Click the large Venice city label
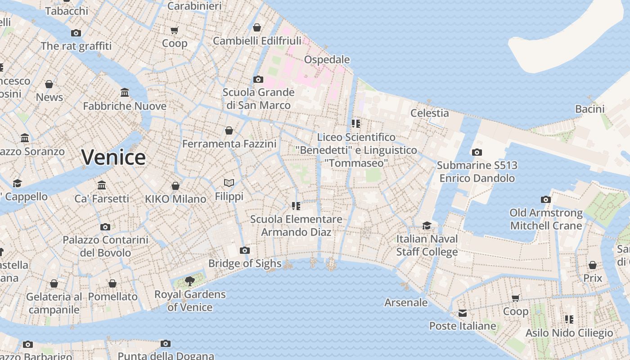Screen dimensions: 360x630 click(113, 157)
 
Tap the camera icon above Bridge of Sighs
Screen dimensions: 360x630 click(245, 251)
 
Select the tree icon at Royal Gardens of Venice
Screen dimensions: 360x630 click(190, 282)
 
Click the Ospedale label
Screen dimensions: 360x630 click(327, 59)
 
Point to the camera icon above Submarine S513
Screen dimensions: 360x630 click(477, 153)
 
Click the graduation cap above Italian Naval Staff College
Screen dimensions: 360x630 click(427, 225)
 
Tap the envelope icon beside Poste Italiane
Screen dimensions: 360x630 click(463, 313)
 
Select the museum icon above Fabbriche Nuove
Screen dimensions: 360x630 click(125, 93)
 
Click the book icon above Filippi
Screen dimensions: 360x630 click(229, 183)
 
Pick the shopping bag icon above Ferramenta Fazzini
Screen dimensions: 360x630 click(229, 130)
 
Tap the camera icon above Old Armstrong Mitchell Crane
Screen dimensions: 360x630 click(546, 199)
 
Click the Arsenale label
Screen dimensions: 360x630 click(406, 302)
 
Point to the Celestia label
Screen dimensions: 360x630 click(429, 113)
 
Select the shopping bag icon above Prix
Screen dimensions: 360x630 click(593, 265)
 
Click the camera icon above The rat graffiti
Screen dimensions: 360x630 click(76, 33)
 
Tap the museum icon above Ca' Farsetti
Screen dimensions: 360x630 click(102, 185)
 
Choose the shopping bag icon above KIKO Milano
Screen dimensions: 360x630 click(175, 186)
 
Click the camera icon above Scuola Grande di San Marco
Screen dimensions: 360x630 click(258, 79)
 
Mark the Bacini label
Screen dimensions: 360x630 click(589, 109)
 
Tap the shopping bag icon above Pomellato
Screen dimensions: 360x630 click(112, 283)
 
